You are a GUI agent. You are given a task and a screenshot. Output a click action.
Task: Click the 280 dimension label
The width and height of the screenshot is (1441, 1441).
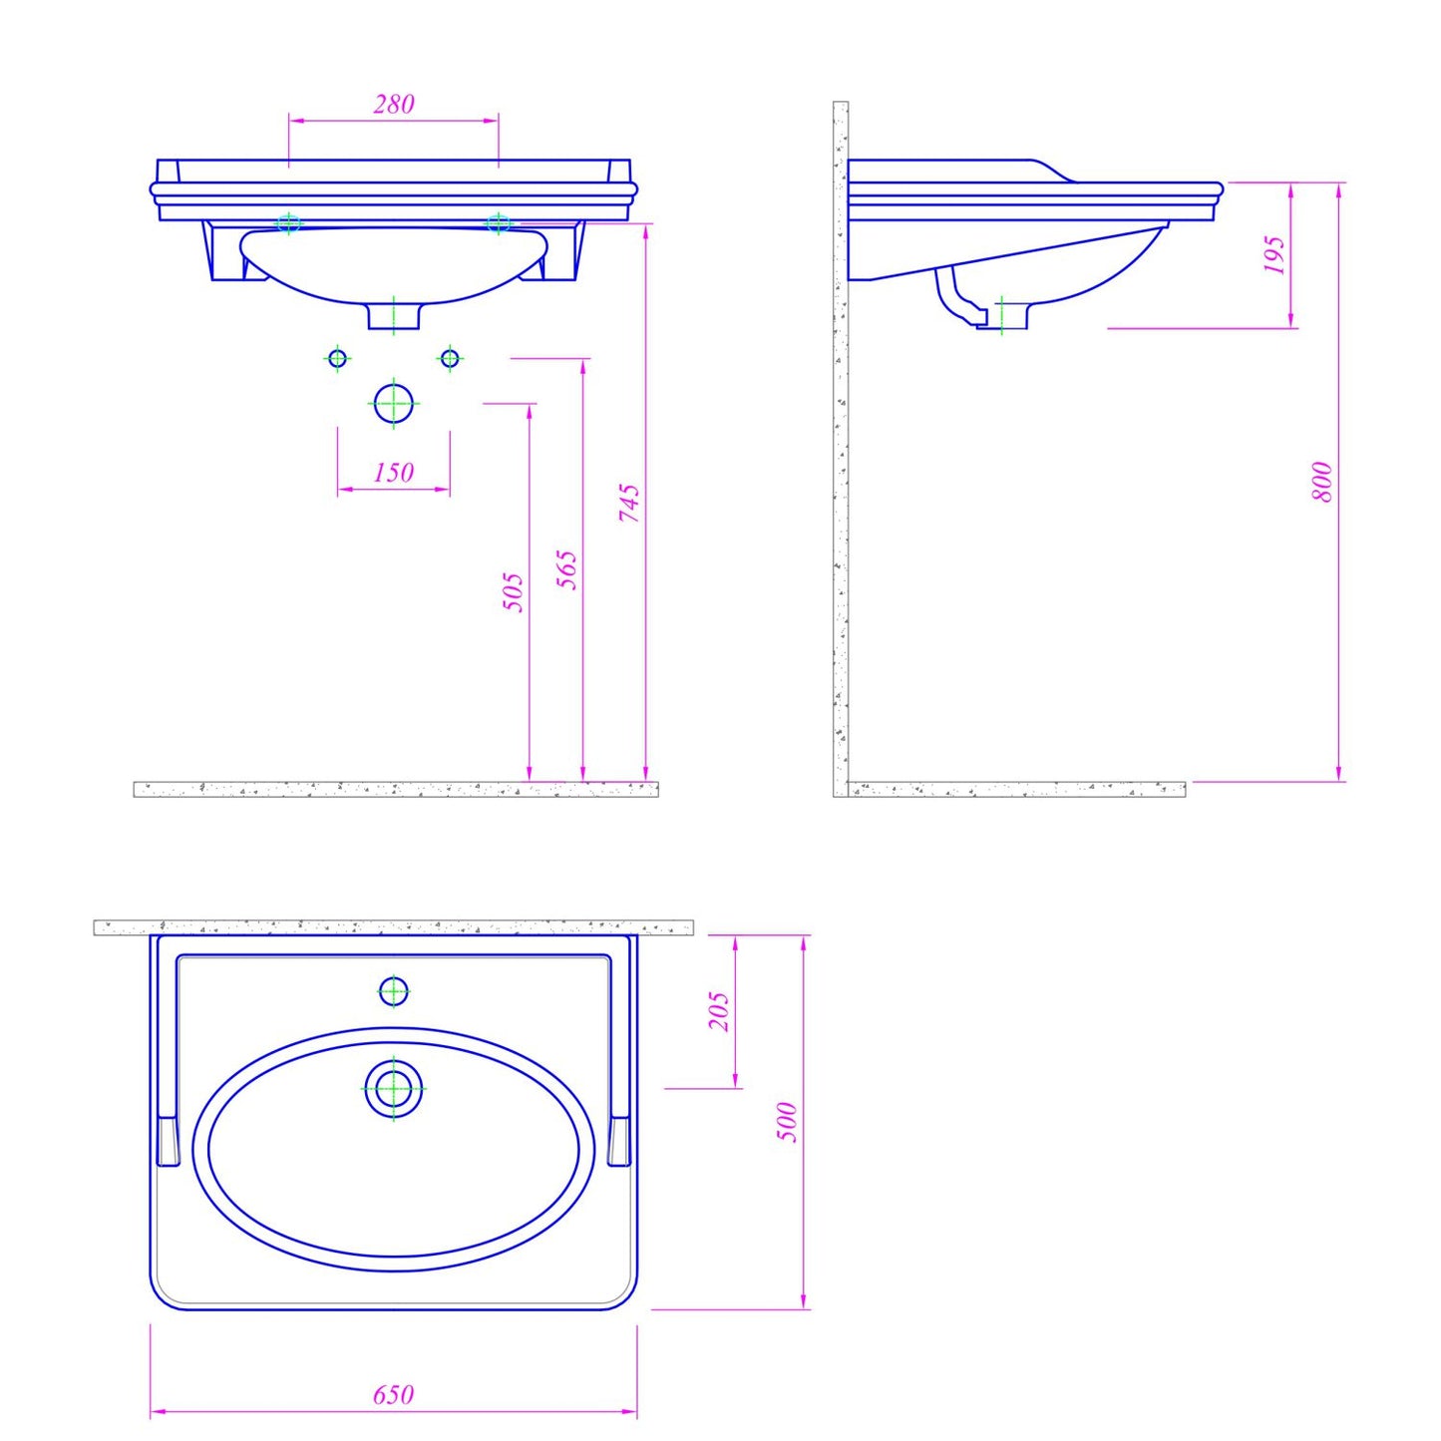pos(393,104)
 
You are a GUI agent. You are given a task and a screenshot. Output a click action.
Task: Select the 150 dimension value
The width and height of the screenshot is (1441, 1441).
pos(393,472)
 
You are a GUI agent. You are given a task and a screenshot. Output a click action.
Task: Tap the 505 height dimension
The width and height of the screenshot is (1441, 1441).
pos(513,591)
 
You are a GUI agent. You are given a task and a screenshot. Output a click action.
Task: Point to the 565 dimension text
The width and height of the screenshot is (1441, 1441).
pos(566,569)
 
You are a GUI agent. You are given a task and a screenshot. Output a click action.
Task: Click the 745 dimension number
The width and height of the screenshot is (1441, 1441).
pos(629,504)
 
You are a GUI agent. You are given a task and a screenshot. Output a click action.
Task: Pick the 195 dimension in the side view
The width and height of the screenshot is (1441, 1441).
pos(1274,255)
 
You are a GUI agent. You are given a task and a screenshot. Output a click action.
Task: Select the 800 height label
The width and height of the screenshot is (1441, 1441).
pos(1322,482)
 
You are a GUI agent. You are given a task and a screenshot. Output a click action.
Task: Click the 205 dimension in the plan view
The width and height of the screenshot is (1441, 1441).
pos(719,1011)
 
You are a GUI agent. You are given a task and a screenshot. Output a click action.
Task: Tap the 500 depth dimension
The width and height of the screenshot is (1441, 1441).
pos(788,1122)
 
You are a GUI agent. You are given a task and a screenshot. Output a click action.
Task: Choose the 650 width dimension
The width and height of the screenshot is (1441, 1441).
pos(393,1394)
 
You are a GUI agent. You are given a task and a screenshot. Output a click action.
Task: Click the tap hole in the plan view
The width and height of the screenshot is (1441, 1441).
pos(394,991)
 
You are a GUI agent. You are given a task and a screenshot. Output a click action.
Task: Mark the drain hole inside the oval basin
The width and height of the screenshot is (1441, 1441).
pos(394,1088)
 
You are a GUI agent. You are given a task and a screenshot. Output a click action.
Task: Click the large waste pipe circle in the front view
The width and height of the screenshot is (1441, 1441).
pos(394,404)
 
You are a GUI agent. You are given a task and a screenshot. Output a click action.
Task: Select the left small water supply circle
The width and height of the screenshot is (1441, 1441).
pos(337,358)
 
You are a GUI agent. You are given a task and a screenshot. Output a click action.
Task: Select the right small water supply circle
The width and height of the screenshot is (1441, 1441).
pos(450,358)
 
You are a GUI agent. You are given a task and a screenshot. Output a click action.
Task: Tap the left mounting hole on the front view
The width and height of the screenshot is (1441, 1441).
pos(288,223)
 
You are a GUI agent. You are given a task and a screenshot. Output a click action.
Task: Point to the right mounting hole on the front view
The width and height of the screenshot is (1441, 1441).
pos(499,223)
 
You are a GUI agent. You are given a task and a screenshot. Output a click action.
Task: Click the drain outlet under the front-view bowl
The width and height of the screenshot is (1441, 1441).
pos(394,315)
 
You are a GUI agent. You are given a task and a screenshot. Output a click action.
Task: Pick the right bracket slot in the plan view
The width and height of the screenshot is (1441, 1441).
pos(619,1141)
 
